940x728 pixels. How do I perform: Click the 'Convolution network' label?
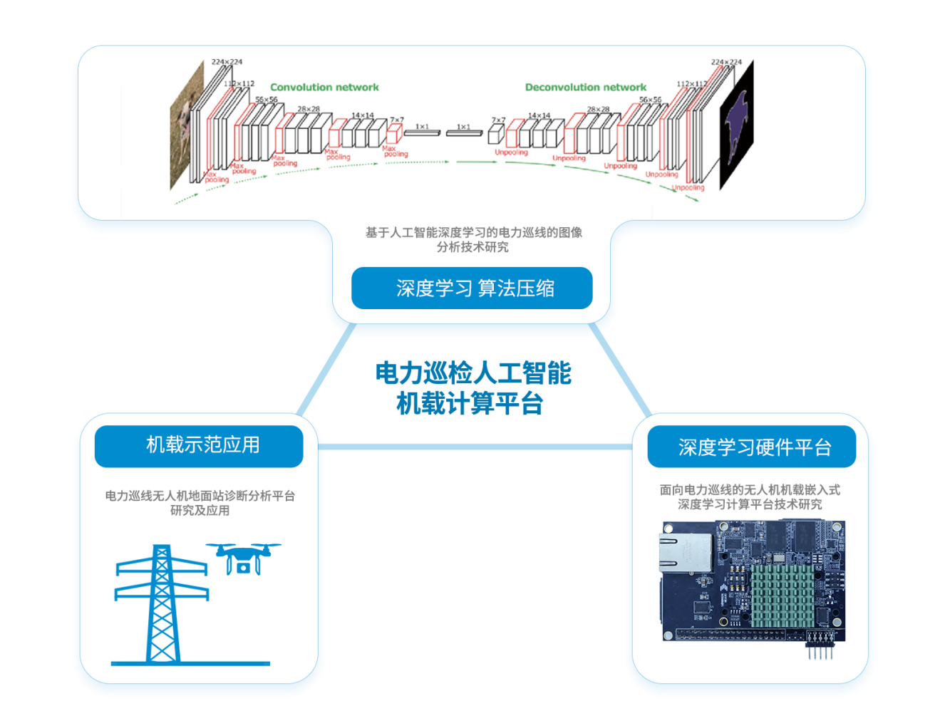pyautogui.click(x=324, y=87)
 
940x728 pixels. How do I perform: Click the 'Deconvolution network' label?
pyautogui.click(x=585, y=87)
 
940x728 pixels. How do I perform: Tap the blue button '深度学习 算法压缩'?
pyautogui.click(x=472, y=288)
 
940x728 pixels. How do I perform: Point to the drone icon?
pyautogui.click(x=243, y=558)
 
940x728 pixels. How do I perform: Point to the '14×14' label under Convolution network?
pyautogui.click(x=362, y=115)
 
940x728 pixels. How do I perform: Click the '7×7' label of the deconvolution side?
pyautogui.click(x=498, y=120)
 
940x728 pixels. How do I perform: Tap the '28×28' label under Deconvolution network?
pyautogui.click(x=598, y=110)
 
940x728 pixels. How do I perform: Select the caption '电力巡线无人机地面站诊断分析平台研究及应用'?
pyautogui.click(x=200, y=503)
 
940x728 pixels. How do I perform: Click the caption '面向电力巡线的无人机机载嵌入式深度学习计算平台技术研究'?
pyautogui.click(x=750, y=497)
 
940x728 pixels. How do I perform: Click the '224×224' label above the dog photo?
pyautogui.click(x=227, y=62)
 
